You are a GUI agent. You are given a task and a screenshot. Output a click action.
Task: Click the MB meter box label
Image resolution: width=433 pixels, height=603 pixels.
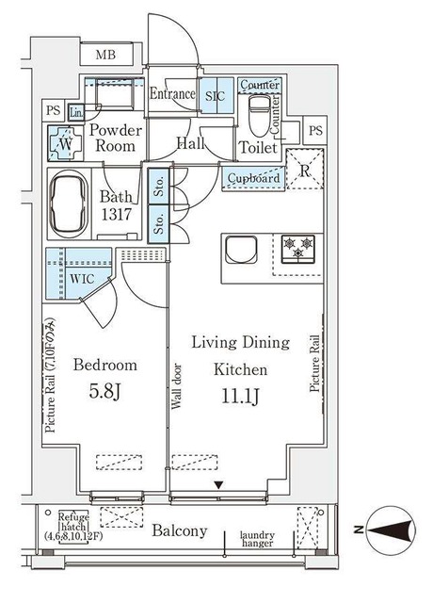coord(105,55)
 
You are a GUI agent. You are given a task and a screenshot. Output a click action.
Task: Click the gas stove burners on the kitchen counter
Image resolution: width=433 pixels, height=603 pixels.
coord(298,249)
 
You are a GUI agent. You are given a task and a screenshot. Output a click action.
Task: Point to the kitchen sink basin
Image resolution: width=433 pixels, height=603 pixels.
coord(241,250)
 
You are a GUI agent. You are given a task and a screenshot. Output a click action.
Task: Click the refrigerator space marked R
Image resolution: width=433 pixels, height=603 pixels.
coord(305,169)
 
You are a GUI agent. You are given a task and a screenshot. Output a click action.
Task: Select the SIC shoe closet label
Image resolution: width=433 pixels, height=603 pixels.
coord(215,96)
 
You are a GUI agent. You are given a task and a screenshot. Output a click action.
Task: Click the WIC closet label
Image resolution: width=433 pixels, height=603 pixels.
coord(82,279)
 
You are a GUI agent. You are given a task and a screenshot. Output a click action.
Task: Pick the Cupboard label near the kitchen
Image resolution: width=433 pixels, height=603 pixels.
coord(253,178)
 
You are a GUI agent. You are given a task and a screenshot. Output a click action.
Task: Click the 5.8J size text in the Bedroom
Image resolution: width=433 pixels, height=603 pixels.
coord(104,392)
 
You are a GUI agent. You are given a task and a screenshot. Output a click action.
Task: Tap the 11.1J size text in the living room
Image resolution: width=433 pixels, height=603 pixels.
coord(241,397)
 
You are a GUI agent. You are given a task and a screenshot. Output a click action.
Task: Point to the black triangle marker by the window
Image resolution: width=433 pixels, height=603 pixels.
coord(218,485)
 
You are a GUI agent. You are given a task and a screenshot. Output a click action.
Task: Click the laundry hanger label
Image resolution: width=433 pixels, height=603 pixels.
coord(257,539)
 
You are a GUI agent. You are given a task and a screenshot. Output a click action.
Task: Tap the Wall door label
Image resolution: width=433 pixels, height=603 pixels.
coord(176,386)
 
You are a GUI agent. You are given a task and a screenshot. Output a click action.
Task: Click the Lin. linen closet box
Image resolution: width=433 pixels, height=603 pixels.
coord(76,113)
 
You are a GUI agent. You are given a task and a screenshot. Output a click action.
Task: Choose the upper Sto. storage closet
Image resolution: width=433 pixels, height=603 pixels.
coord(159,186)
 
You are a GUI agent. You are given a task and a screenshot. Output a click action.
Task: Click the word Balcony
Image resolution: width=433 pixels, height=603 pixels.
coord(180,531)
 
